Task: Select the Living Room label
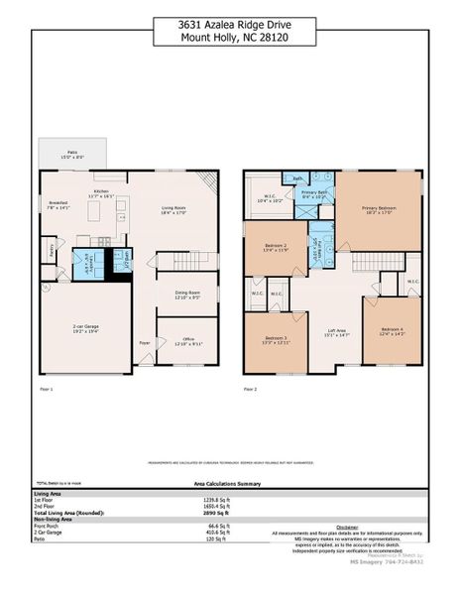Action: pyautogui.click(x=174, y=210)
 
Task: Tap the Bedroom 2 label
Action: pyautogui.click(x=277, y=248)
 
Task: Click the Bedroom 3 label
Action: pyautogui.click(x=276, y=341)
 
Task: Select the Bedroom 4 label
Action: pyautogui.click(x=393, y=332)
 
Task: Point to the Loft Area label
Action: pyautogui.click(x=337, y=333)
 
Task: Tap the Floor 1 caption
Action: pyautogui.click(x=45, y=389)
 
